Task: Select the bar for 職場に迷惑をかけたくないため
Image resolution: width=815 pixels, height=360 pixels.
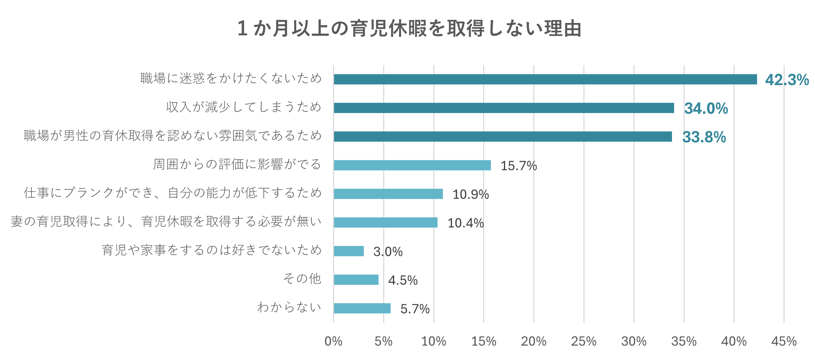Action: (x=545, y=79)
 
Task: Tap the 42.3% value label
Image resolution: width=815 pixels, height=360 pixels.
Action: (x=787, y=80)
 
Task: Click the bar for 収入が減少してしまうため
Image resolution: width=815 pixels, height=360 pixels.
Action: (x=504, y=108)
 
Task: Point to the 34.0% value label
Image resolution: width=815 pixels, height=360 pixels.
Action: (x=706, y=108)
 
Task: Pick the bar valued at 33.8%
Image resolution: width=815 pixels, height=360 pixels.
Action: (x=502, y=137)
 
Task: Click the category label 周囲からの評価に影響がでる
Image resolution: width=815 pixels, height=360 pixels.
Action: (x=237, y=164)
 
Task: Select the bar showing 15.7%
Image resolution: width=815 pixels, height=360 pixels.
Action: (x=412, y=165)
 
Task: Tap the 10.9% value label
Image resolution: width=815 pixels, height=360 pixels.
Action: (x=470, y=194)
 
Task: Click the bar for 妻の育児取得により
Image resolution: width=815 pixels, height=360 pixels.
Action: (x=386, y=223)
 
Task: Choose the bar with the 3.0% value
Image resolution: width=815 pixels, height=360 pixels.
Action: (x=349, y=251)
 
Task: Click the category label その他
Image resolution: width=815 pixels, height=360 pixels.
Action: (x=302, y=279)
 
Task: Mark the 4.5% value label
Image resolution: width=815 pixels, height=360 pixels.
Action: (x=403, y=281)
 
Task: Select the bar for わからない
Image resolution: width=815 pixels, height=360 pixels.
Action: (x=362, y=308)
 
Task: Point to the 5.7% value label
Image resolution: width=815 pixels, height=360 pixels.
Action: (x=415, y=309)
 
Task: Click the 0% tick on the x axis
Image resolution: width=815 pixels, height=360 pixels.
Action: (x=333, y=341)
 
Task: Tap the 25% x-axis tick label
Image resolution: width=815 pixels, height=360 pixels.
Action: (x=584, y=341)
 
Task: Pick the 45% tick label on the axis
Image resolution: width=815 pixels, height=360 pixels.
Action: (x=784, y=341)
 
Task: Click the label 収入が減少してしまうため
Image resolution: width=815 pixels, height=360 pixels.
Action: (x=244, y=107)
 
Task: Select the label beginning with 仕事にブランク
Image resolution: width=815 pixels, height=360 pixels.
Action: (x=173, y=193)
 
